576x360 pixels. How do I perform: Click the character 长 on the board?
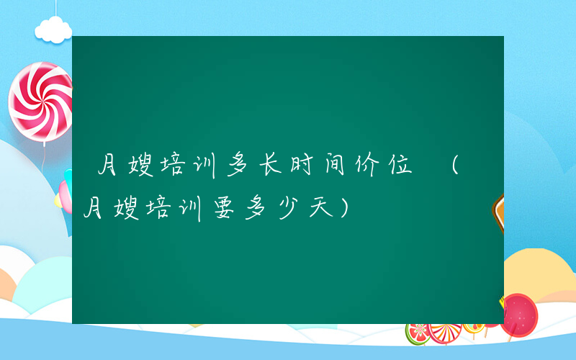(269, 166)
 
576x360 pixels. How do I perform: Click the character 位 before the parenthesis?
(399, 166)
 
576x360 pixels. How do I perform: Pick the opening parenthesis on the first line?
(455, 166)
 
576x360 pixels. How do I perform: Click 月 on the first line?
(109, 166)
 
